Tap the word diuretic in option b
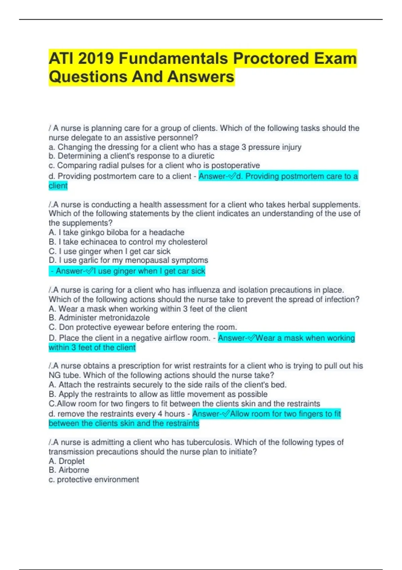201,156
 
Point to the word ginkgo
92,233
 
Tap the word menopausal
147,261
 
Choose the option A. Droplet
67,461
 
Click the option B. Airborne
69,470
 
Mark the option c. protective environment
94,480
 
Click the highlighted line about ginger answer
127,271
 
